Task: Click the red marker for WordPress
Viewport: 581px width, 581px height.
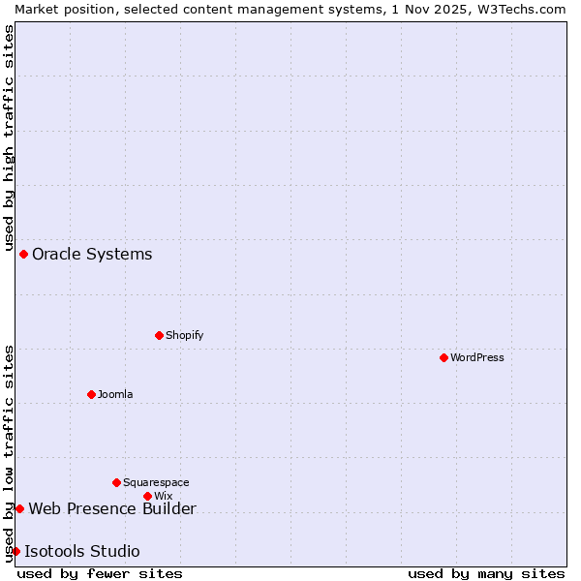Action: click(443, 357)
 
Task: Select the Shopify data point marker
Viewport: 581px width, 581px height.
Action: click(159, 335)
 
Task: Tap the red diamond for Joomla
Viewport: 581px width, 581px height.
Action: click(91, 394)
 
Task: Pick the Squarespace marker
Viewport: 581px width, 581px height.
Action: click(116, 482)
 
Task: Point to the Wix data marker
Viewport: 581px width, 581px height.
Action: click(147, 496)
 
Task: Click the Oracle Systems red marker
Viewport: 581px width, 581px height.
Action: click(23, 254)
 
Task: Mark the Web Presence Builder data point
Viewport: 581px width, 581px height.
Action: click(19, 508)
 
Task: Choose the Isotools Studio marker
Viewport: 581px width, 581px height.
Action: click(15, 551)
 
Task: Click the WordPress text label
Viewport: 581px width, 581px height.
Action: click(477, 357)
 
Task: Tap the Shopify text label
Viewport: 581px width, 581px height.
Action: click(184, 335)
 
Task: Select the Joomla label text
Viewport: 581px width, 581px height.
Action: click(115, 394)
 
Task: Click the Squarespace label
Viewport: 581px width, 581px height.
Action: click(156, 482)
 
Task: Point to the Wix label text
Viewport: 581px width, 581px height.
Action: click(163, 496)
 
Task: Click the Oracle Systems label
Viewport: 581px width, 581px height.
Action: click(92, 255)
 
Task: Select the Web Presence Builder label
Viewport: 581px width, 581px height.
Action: click(112, 509)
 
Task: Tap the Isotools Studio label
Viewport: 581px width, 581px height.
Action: click(82, 552)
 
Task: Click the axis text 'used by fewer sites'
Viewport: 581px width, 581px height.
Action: click(100, 573)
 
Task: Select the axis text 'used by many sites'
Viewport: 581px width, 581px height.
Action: click(486, 573)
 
